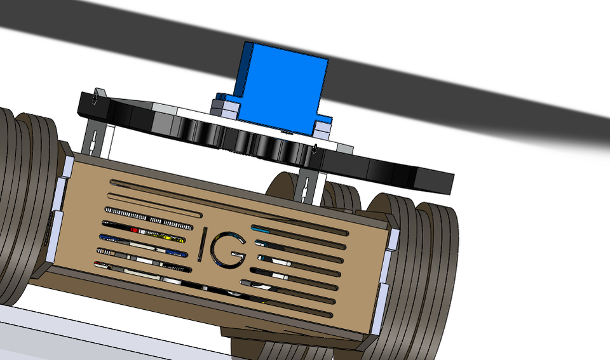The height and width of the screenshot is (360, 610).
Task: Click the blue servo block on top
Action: [280, 86]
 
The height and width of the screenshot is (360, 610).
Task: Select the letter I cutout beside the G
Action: [201, 245]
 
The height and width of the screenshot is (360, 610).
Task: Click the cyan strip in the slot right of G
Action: [261, 228]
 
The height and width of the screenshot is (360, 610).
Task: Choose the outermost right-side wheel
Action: [438, 267]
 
